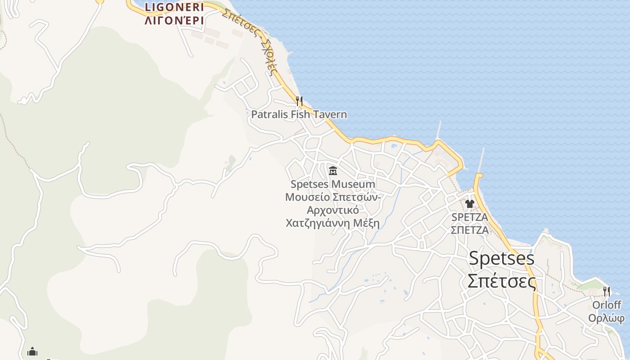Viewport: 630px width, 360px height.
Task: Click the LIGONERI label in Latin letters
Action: (174, 7)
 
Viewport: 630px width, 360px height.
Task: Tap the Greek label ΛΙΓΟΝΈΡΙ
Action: (174, 21)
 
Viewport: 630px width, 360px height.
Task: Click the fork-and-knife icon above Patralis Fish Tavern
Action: (299, 101)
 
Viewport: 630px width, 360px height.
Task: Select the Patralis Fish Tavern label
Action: (299, 114)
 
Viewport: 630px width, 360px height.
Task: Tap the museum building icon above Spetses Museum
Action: (333, 171)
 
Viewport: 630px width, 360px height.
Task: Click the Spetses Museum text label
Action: (333, 184)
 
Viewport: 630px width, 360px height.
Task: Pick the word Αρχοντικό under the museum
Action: (333, 210)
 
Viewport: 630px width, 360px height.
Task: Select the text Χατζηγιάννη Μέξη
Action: (333, 223)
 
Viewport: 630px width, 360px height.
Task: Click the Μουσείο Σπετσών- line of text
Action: (333, 197)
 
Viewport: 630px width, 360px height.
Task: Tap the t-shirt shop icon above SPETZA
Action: (470, 204)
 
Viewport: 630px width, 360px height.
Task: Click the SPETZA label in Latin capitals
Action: (470, 217)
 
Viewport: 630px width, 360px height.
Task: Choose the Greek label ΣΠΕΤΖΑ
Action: (470, 230)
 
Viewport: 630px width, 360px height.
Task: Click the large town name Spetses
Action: (501, 258)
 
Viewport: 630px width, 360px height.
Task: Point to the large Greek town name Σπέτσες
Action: (501, 282)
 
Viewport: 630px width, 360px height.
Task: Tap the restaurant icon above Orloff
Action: (607, 292)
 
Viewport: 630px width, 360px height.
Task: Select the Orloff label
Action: (607, 305)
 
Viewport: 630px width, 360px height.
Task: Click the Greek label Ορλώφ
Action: (607, 318)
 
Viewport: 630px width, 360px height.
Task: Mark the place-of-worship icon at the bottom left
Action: (32, 351)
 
